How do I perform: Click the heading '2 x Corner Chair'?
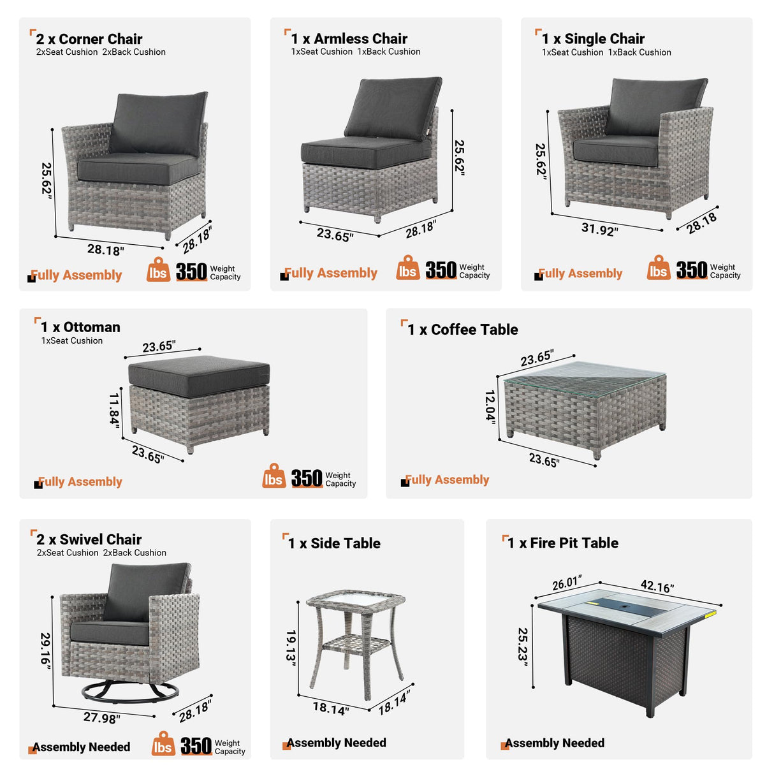(x=89, y=39)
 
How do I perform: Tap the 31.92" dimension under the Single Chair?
(x=599, y=229)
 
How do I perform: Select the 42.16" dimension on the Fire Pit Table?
(x=657, y=586)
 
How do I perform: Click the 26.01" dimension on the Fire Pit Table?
(x=567, y=583)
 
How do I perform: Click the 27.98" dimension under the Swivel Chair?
(x=101, y=718)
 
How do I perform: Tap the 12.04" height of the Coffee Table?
(x=490, y=406)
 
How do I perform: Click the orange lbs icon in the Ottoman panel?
(x=274, y=478)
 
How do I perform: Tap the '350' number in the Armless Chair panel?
(x=441, y=270)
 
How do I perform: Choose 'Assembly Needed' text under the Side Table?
(x=336, y=743)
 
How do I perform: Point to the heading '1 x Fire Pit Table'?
(x=563, y=543)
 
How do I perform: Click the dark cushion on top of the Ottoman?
(x=199, y=374)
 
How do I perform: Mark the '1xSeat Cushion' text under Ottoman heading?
(x=72, y=341)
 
